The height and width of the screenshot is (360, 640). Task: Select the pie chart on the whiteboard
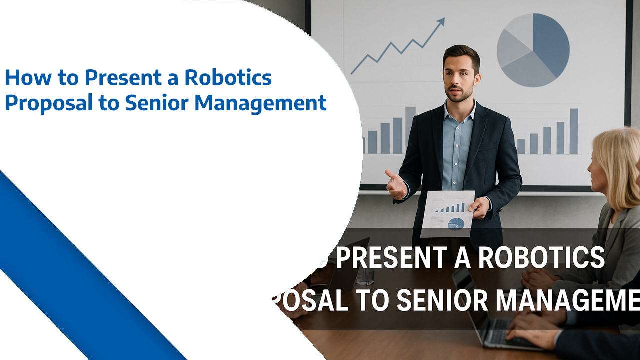coord(533,50)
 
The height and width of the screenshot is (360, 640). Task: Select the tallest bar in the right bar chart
coord(574,131)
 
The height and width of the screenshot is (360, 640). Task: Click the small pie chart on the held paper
coord(455,224)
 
